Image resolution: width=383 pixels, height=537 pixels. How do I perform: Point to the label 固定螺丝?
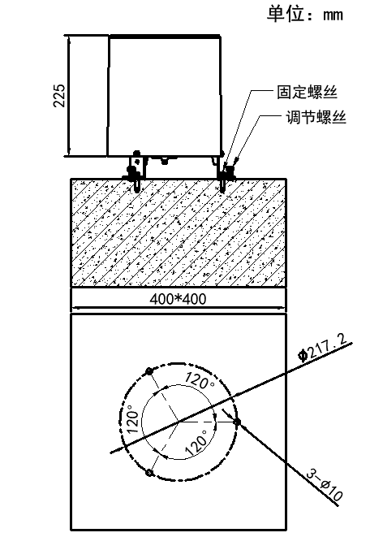click(301, 95)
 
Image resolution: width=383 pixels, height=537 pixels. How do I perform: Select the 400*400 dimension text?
click(178, 299)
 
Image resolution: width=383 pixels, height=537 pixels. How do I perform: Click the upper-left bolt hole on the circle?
click(148, 371)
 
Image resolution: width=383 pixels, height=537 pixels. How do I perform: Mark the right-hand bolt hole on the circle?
click(236, 422)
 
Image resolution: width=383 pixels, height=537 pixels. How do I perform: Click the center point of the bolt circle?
click(179, 422)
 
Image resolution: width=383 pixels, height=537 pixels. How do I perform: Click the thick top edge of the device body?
click(165, 35)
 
